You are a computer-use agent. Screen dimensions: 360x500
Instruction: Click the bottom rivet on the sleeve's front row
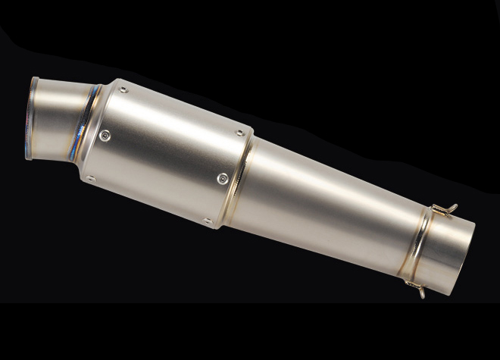(90, 180)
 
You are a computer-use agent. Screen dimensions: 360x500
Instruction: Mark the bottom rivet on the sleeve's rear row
(207, 221)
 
